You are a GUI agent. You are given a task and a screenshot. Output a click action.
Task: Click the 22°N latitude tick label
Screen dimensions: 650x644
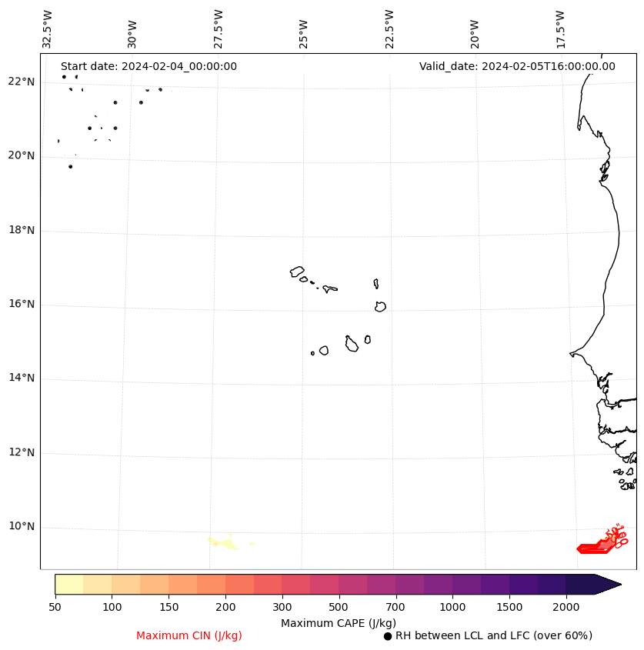(x=20, y=82)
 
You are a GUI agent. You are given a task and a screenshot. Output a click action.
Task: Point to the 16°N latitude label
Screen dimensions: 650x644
(x=20, y=305)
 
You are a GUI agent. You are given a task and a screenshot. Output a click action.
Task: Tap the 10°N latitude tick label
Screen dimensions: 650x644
(x=20, y=527)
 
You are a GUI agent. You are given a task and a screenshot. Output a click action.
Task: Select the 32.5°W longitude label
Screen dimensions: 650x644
(x=48, y=29)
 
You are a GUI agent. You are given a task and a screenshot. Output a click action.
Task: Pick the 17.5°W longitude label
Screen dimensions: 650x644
(x=559, y=29)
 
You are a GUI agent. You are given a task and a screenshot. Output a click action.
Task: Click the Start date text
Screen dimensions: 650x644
(x=148, y=67)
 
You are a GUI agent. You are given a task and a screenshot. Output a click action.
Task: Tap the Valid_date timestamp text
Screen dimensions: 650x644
(x=517, y=67)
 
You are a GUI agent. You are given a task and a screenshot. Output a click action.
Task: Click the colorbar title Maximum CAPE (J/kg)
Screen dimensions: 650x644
(x=339, y=623)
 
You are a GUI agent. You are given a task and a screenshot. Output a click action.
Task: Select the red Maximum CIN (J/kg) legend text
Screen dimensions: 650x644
(x=189, y=636)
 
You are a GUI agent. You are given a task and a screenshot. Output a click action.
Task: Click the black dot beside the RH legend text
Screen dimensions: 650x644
(x=388, y=636)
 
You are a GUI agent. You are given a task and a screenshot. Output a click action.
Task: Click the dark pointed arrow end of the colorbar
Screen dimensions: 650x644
(x=608, y=584)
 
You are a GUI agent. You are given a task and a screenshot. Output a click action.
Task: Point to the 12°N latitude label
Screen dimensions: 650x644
(x=20, y=453)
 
